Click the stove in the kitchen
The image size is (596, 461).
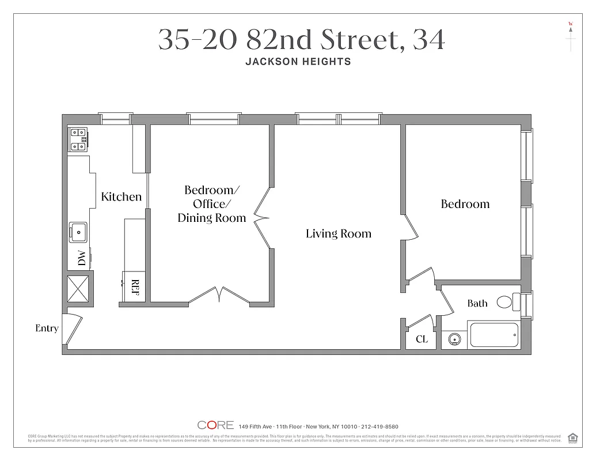point(79,139)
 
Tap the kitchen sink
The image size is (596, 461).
point(78,232)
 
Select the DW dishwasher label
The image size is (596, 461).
point(82,259)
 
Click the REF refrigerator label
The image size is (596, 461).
point(136,287)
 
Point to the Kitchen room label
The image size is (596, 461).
point(121,197)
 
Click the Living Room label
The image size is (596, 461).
point(338,233)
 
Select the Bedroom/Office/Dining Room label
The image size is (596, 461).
point(211,204)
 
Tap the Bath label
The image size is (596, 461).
point(477,303)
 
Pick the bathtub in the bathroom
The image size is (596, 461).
point(494,335)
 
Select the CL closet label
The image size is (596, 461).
point(422,339)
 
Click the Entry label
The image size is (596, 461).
point(47,328)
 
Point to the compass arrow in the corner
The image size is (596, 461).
point(571,36)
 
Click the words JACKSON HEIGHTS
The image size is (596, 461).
point(298,62)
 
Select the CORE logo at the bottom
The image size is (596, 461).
point(215,425)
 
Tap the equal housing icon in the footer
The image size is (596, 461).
point(572,437)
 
